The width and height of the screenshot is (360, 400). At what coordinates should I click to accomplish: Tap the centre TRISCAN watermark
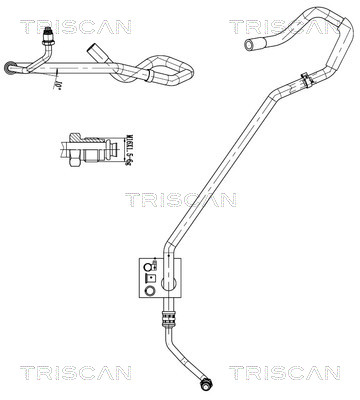pyautogui.click(x=181, y=199)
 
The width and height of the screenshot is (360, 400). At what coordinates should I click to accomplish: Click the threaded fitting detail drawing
pyautogui.click(x=89, y=155)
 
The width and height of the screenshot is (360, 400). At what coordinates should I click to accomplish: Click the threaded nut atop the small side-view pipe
pyautogui.click(x=49, y=38)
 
